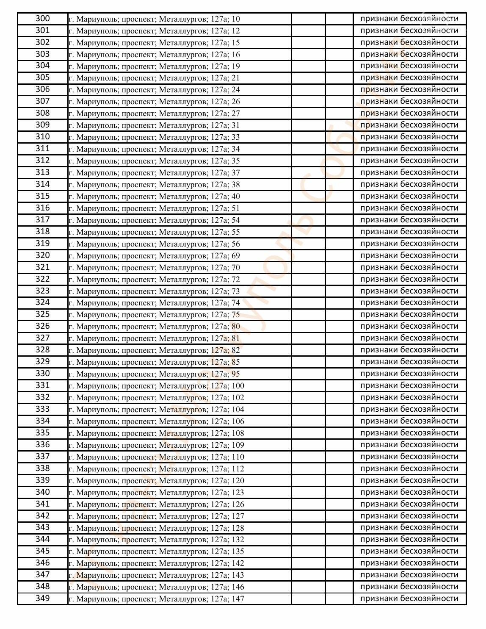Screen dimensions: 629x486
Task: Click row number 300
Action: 42,19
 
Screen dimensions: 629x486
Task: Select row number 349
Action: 42,599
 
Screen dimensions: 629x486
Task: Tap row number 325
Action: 42,314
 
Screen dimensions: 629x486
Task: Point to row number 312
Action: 42,161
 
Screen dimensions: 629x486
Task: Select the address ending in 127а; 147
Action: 156,599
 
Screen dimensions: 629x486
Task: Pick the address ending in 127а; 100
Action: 156,386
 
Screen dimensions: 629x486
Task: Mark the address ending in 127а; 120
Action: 156,481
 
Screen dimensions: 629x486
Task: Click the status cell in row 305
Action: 409,78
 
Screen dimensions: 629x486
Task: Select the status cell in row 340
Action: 409,492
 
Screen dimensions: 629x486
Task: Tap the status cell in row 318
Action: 409,232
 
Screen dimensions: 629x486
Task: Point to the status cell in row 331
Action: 409,385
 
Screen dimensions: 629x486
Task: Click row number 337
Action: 42,457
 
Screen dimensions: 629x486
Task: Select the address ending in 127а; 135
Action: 156,551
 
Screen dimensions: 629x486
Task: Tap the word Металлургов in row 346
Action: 183,563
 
